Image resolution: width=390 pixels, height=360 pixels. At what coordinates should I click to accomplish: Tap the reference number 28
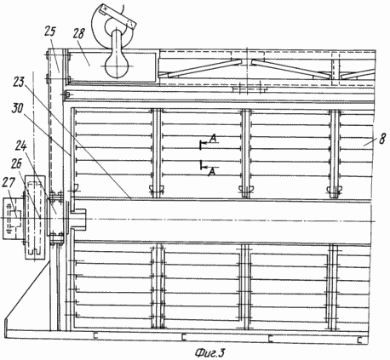[78, 33]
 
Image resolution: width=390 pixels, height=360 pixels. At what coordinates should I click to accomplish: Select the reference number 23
[19, 83]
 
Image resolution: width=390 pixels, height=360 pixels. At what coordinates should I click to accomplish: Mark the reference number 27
[8, 183]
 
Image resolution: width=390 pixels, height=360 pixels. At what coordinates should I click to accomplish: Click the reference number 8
[382, 139]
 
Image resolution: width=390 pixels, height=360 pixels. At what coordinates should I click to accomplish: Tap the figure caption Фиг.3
[209, 352]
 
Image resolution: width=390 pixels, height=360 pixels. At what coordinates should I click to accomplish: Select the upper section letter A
[214, 139]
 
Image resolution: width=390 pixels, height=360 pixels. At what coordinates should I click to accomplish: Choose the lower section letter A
[212, 172]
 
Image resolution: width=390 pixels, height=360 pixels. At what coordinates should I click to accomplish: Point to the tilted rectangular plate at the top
[118, 16]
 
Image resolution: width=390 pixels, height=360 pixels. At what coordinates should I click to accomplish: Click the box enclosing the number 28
[112, 67]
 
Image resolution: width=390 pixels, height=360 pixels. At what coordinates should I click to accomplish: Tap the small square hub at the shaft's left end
[78, 219]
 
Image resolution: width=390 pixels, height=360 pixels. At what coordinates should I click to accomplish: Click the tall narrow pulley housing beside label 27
[35, 217]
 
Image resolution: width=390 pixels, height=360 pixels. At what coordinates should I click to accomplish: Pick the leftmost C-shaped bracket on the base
[95, 336]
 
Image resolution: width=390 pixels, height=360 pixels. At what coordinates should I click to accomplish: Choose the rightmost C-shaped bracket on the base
[360, 340]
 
